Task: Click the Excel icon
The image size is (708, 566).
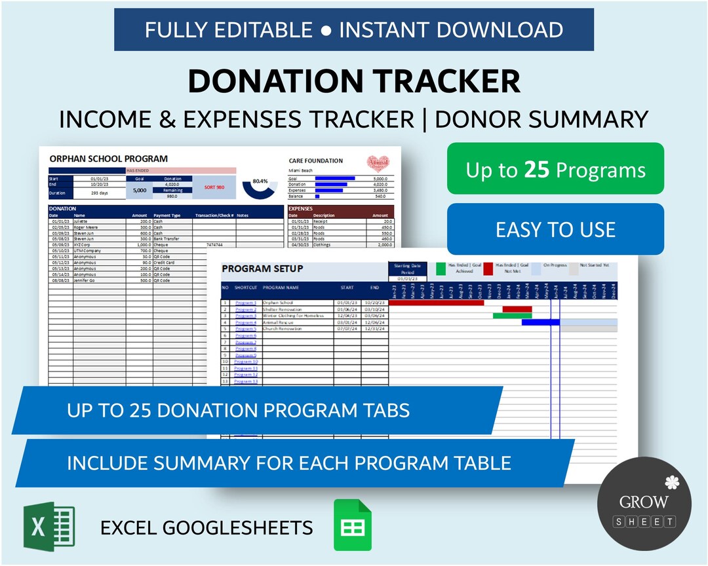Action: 49,527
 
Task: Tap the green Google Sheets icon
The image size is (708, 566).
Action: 353,525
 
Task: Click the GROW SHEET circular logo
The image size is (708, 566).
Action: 644,503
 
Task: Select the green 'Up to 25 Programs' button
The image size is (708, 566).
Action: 555,170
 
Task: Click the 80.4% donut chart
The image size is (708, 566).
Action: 260,186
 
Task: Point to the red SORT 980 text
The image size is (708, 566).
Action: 214,187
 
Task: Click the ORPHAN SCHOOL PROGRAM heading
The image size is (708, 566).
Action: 109,159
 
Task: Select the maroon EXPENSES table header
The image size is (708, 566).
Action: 341,209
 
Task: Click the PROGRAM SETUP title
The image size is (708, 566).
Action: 263,269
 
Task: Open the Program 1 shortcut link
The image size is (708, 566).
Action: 246,303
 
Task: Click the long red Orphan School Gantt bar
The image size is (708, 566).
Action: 437,303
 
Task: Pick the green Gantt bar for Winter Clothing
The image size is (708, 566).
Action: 512,316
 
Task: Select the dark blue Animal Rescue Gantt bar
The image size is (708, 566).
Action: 540,322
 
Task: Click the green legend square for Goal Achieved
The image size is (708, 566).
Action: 441,268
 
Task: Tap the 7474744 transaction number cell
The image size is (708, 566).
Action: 214,244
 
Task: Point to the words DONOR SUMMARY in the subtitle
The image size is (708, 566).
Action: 541,119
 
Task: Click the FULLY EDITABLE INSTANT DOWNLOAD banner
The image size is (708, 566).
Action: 354,29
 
